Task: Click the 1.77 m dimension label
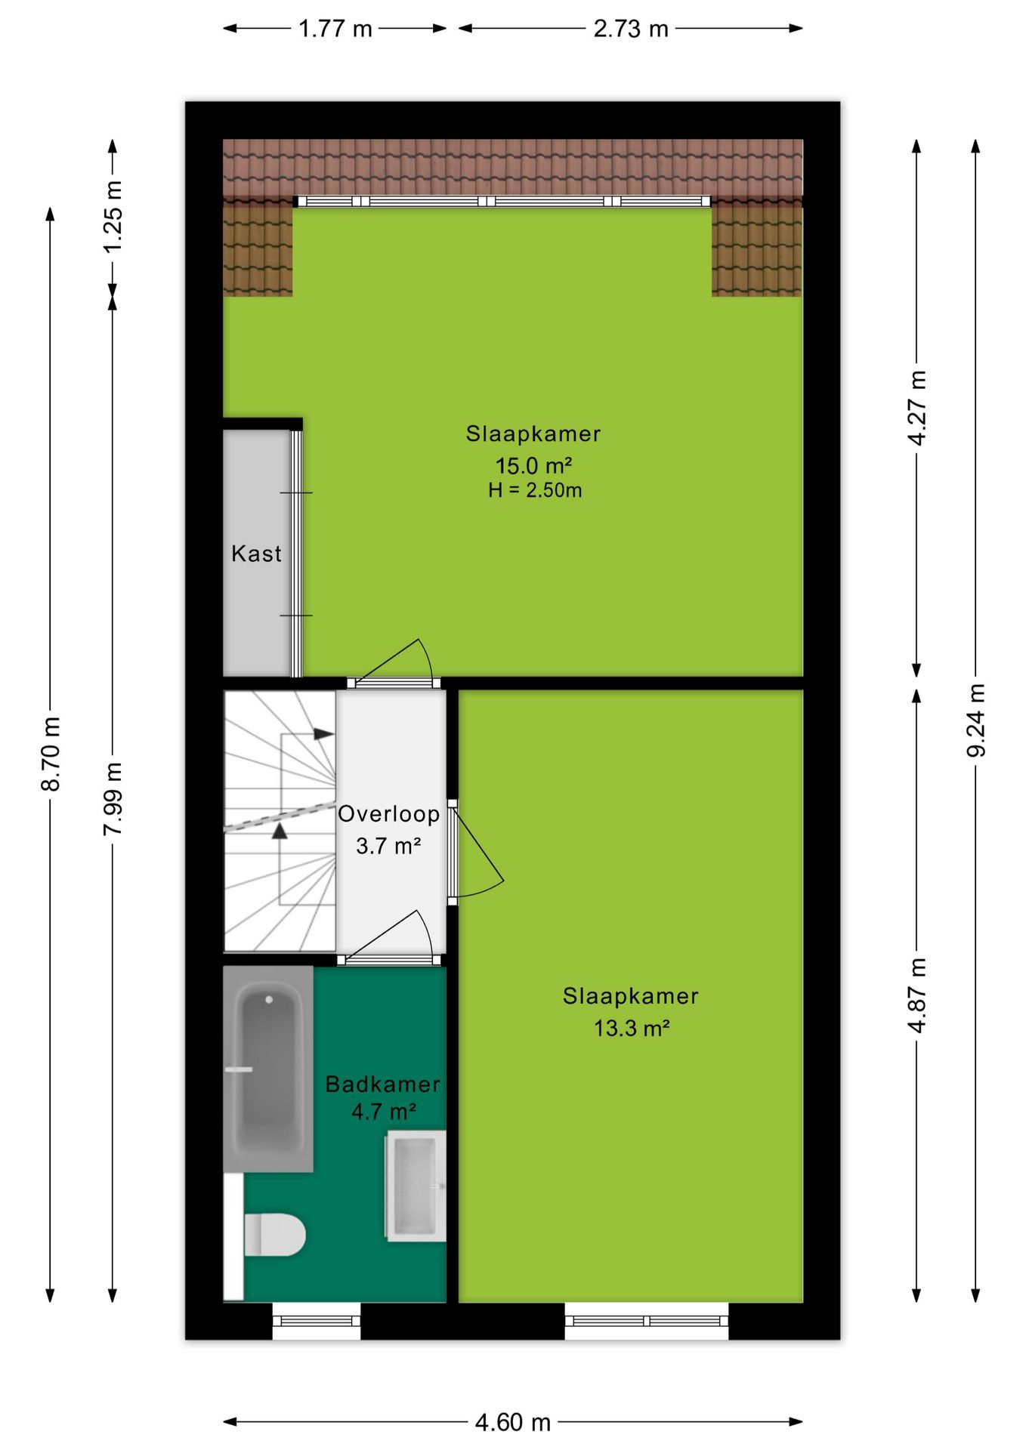pyautogui.click(x=335, y=29)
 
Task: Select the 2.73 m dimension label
pyautogui.click(x=631, y=29)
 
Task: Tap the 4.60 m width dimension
pyautogui.click(x=513, y=1422)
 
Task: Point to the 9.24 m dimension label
pyautogui.click(x=976, y=720)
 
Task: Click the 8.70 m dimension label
pyautogui.click(x=51, y=754)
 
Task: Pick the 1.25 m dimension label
pyautogui.click(x=113, y=217)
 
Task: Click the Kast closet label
pyautogui.click(x=256, y=554)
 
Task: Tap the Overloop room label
pyautogui.click(x=388, y=813)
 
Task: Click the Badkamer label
pyautogui.click(x=382, y=1084)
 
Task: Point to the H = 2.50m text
pyautogui.click(x=535, y=490)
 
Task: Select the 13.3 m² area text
pyautogui.click(x=632, y=1028)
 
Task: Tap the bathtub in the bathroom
pyautogui.click(x=268, y=1069)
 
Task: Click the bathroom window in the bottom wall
pyautogui.click(x=317, y=1321)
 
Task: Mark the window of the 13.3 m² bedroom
pyautogui.click(x=647, y=1321)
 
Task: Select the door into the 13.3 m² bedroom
pyautogui.click(x=475, y=852)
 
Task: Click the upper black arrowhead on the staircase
pyautogui.click(x=324, y=733)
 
